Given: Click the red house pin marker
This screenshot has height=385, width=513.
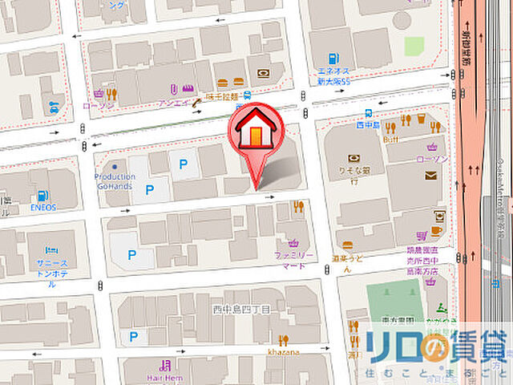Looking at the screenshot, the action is (x=254, y=133).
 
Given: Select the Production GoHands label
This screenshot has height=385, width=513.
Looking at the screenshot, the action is (x=115, y=180).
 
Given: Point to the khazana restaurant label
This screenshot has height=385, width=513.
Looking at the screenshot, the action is (x=284, y=351).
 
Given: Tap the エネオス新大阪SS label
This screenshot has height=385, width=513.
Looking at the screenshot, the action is (x=332, y=76).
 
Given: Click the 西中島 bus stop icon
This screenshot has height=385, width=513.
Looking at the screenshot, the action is (x=367, y=114).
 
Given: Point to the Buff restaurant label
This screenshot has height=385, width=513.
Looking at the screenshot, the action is (x=390, y=139).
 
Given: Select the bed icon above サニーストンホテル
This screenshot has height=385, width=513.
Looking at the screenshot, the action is (x=46, y=249).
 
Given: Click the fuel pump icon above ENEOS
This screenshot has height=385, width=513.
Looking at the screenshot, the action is (x=41, y=195).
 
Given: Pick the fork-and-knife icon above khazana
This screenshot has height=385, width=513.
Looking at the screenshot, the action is (x=283, y=339).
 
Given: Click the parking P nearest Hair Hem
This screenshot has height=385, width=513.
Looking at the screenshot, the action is (x=133, y=337).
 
